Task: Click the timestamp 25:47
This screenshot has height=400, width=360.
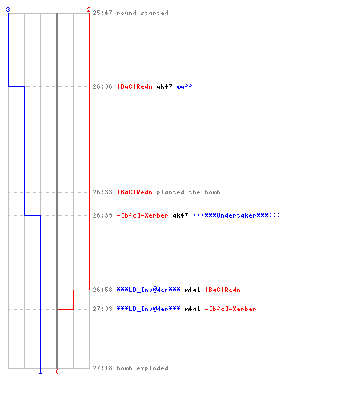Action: [x=102, y=13]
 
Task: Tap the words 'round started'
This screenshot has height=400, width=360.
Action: [x=142, y=13]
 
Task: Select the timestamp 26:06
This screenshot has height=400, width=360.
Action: [x=102, y=86]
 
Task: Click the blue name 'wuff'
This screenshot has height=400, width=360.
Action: [x=184, y=86]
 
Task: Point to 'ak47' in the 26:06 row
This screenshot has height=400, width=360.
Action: [x=164, y=86]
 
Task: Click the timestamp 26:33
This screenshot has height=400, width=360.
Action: [x=102, y=192]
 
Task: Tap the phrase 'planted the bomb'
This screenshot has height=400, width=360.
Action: [x=188, y=192]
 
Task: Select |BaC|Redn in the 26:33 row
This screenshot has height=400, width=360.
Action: [x=135, y=192]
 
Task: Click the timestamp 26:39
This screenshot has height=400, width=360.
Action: [x=102, y=215]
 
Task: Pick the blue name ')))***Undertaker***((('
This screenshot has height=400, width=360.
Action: [x=236, y=215]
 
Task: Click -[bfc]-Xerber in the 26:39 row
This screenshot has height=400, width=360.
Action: [x=142, y=215]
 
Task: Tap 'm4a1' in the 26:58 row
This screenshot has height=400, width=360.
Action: [x=192, y=290]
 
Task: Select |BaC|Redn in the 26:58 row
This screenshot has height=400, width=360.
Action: [x=223, y=290]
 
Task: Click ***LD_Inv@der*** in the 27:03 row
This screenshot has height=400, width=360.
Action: [x=148, y=309]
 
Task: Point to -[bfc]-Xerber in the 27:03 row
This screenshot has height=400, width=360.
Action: [x=230, y=309]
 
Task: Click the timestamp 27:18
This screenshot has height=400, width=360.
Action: [x=102, y=368]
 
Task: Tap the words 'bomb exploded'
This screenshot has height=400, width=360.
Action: [x=142, y=368]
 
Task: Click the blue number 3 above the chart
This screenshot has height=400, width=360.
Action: [x=8, y=10]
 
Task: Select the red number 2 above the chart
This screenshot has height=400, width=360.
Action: [x=89, y=10]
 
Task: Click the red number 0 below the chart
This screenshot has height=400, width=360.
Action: [x=57, y=371]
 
